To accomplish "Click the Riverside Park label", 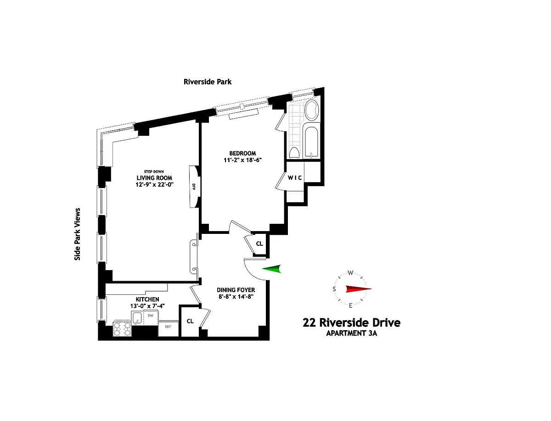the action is (208, 82).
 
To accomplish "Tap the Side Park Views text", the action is (77, 234).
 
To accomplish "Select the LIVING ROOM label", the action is (154, 178).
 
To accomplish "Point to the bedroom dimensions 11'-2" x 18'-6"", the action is (243, 160).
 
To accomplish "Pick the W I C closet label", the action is (295, 178).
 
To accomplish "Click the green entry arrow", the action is (272, 269).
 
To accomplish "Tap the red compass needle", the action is (359, 289).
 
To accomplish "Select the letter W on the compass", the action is (351, 273).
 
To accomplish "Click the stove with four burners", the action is (122, 329).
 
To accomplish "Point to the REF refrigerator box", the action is (168, 328).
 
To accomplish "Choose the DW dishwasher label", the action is (150, 316).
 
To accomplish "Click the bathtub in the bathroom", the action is (311, 141).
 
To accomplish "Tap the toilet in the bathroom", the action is (294, 152).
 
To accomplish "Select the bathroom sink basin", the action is (312, 111).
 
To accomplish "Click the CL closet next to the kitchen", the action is (190, 321).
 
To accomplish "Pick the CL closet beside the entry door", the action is (259, 244).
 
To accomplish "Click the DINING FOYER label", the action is (236, 290).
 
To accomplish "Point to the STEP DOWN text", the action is (154, 172).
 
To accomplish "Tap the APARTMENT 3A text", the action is (351, 333).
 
